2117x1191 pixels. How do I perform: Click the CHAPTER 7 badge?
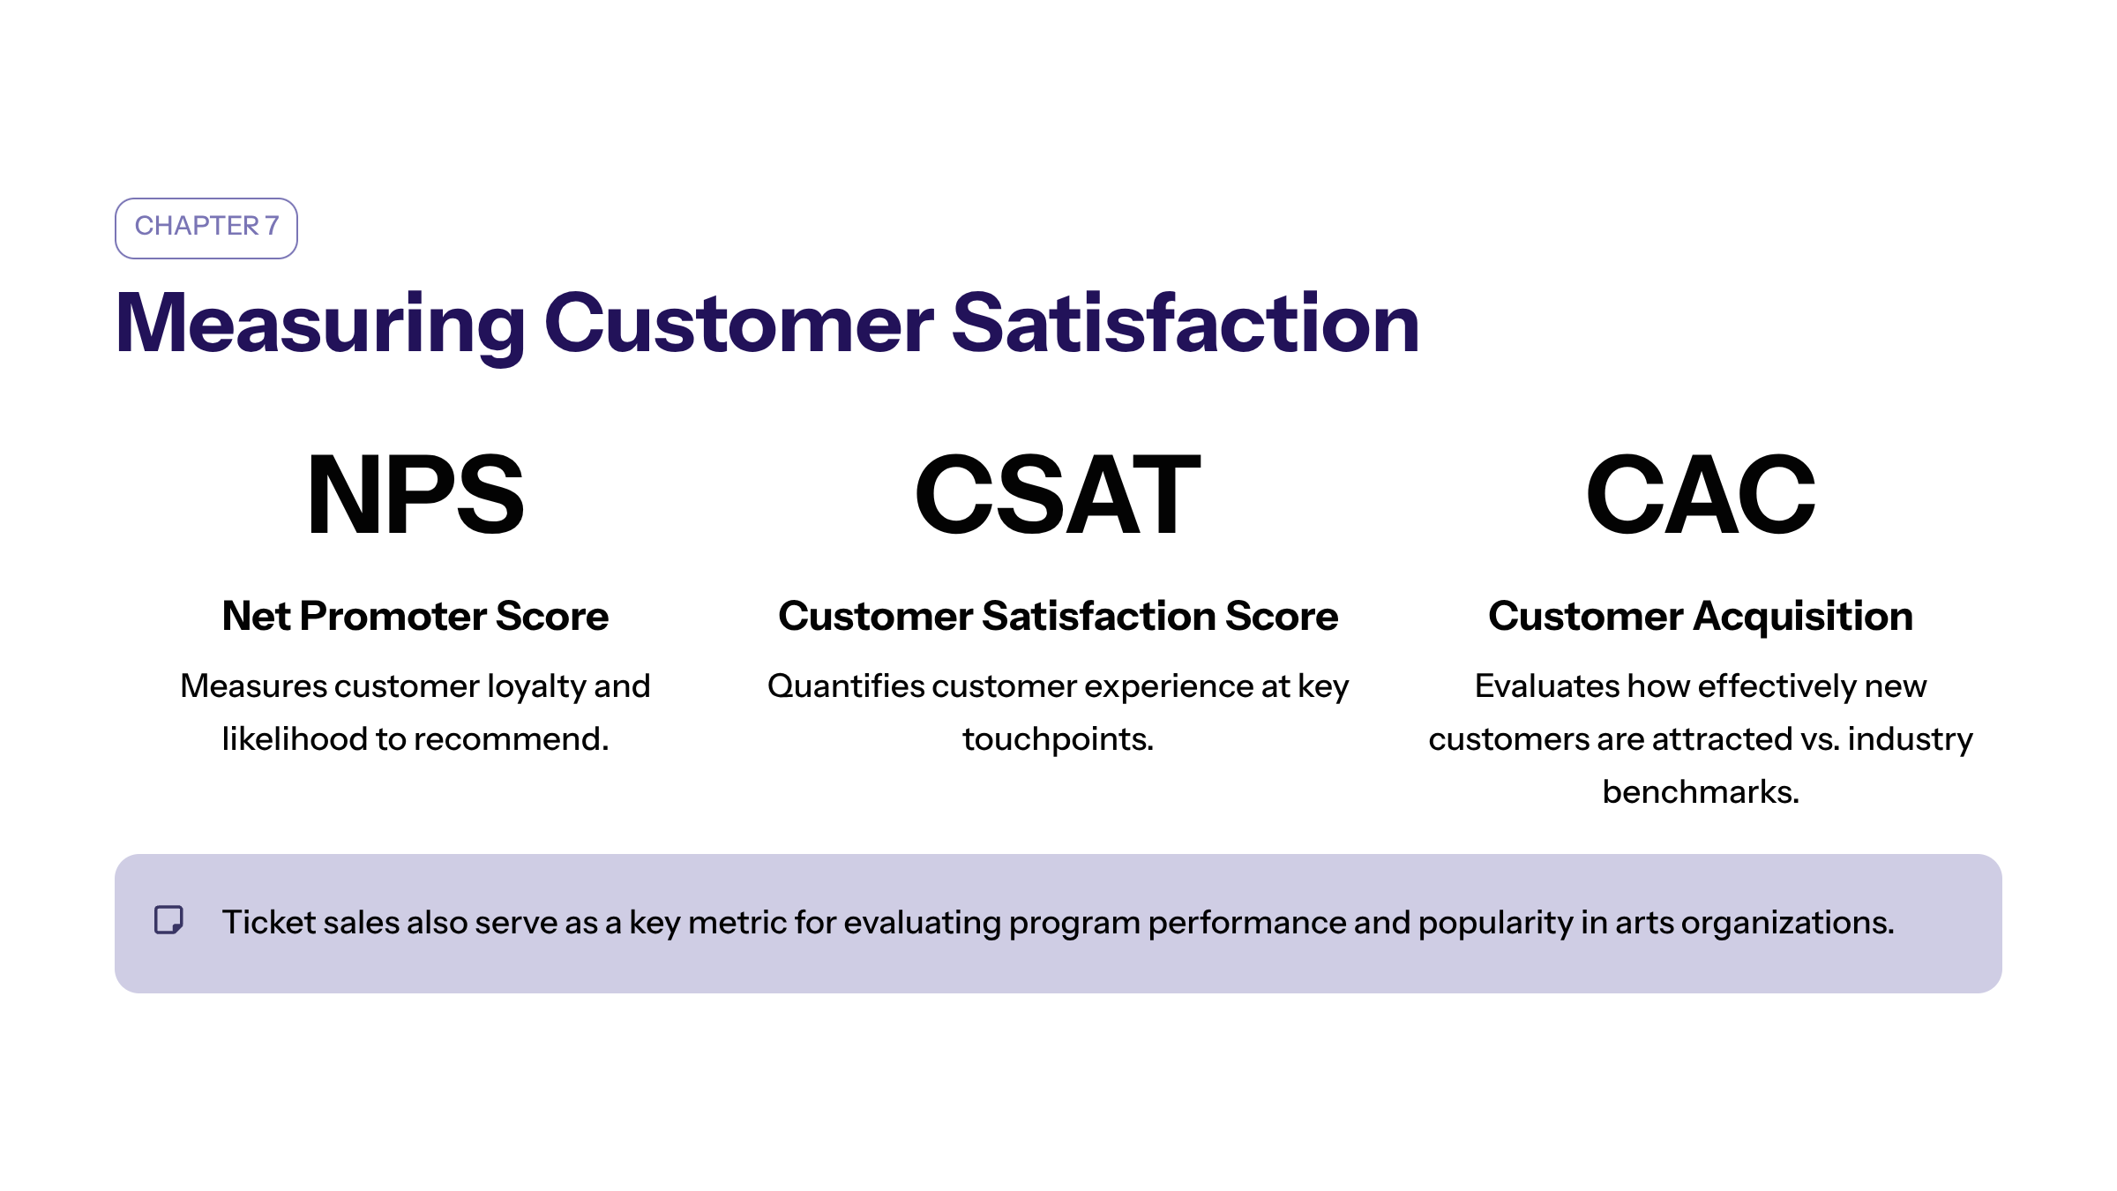[206, 228]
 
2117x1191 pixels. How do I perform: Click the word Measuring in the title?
[320, 325]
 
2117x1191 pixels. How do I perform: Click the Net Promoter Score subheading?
[415, 616]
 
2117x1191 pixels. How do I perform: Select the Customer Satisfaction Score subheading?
[1058, 616]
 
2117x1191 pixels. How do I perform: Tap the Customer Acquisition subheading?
[1701, 616]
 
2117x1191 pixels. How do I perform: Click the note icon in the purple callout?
[168, 920]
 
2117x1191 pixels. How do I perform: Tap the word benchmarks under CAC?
[1701, 792]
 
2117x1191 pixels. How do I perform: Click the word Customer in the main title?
[739, 324]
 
